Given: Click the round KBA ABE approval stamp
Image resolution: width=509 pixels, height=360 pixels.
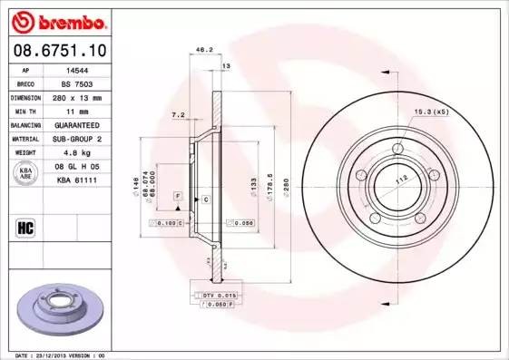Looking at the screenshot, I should [27, 174].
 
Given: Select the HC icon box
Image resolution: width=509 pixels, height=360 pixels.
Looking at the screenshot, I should [27, 227].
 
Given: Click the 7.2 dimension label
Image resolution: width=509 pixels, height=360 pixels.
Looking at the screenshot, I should [178, 116].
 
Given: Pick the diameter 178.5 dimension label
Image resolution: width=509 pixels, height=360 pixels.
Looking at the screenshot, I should [269, 180].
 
